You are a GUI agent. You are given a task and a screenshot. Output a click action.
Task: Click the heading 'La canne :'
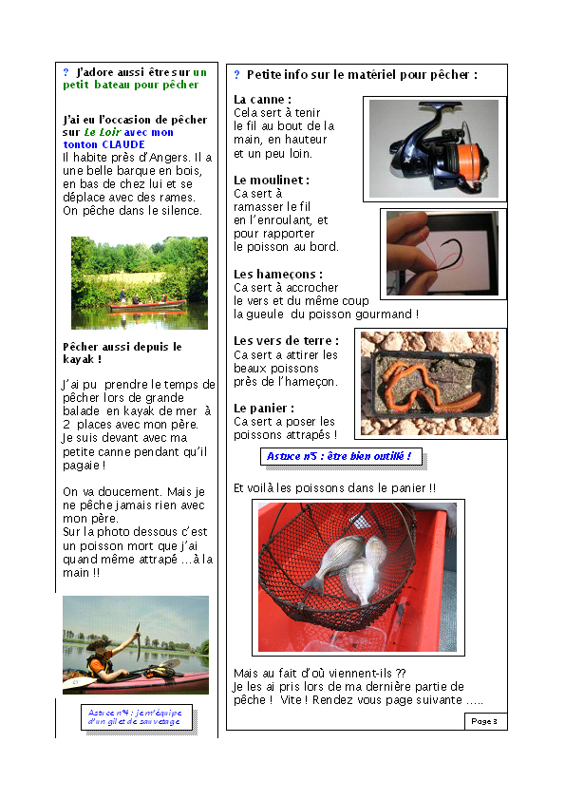tap(262, 99)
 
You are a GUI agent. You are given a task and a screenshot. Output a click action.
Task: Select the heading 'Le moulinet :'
tap(272, 180)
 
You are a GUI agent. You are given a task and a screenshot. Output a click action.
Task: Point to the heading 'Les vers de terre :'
tap(286, 340)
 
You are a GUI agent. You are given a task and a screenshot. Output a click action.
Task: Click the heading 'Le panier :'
tap(264, 408)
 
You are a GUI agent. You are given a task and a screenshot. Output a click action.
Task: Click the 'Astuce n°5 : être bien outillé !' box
tap(339, 457)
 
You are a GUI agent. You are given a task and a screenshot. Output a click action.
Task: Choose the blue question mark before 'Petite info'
tap(236, 74)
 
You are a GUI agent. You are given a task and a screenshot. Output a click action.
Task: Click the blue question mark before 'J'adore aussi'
tap(66, 72)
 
